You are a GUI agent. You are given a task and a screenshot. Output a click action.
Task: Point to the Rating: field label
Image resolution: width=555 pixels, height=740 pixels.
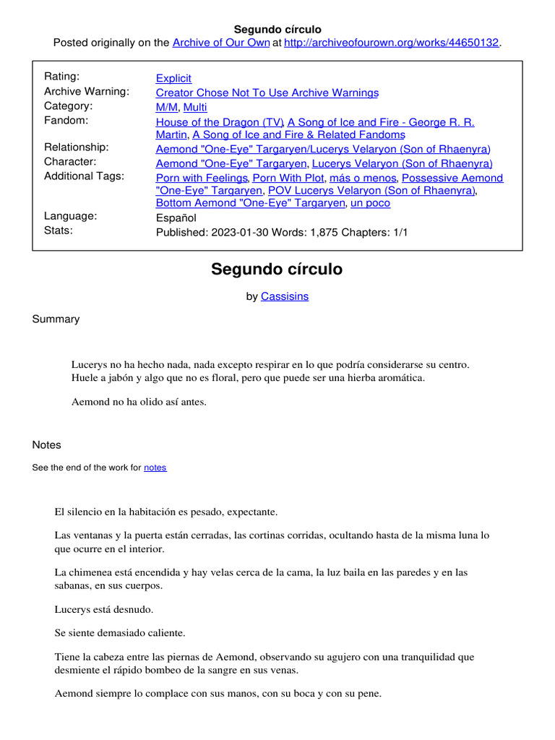[x=62, y=77]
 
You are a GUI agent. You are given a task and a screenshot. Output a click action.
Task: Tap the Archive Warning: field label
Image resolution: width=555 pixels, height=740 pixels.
[x=87, y=92]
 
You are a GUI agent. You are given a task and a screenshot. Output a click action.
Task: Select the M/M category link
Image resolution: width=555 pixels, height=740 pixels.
[x=168, y=108]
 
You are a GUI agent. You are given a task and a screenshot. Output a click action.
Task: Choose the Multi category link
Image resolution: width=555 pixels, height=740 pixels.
[x=195, y=108]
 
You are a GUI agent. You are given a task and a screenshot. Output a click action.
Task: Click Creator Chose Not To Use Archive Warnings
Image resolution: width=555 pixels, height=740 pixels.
[x=267, y=92]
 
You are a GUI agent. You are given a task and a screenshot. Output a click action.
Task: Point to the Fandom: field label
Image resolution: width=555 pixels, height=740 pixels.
[x=66, y=121]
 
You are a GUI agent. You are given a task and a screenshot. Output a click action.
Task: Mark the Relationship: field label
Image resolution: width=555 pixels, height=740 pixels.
[x=77, y=147]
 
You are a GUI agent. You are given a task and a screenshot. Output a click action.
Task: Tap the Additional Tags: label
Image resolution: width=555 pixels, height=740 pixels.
[x=84, y=176]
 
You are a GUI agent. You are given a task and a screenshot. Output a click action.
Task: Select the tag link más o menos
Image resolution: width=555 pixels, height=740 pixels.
[x=363, y=178]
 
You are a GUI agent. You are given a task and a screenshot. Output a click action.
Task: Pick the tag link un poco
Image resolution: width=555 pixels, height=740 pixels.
[x=370, y=203]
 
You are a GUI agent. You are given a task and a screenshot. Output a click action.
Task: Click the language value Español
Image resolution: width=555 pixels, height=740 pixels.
[x=176, y=218]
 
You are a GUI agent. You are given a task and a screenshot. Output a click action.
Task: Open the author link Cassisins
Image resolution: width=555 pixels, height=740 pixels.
[x=285, y=296]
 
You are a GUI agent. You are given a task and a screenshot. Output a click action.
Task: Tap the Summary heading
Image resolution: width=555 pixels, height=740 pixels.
[x=56, y=319]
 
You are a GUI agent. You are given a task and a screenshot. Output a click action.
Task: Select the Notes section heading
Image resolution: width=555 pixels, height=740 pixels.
[x=47, y=445]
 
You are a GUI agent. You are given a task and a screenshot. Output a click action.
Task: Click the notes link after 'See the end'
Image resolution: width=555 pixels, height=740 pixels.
[x=155, y=468]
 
